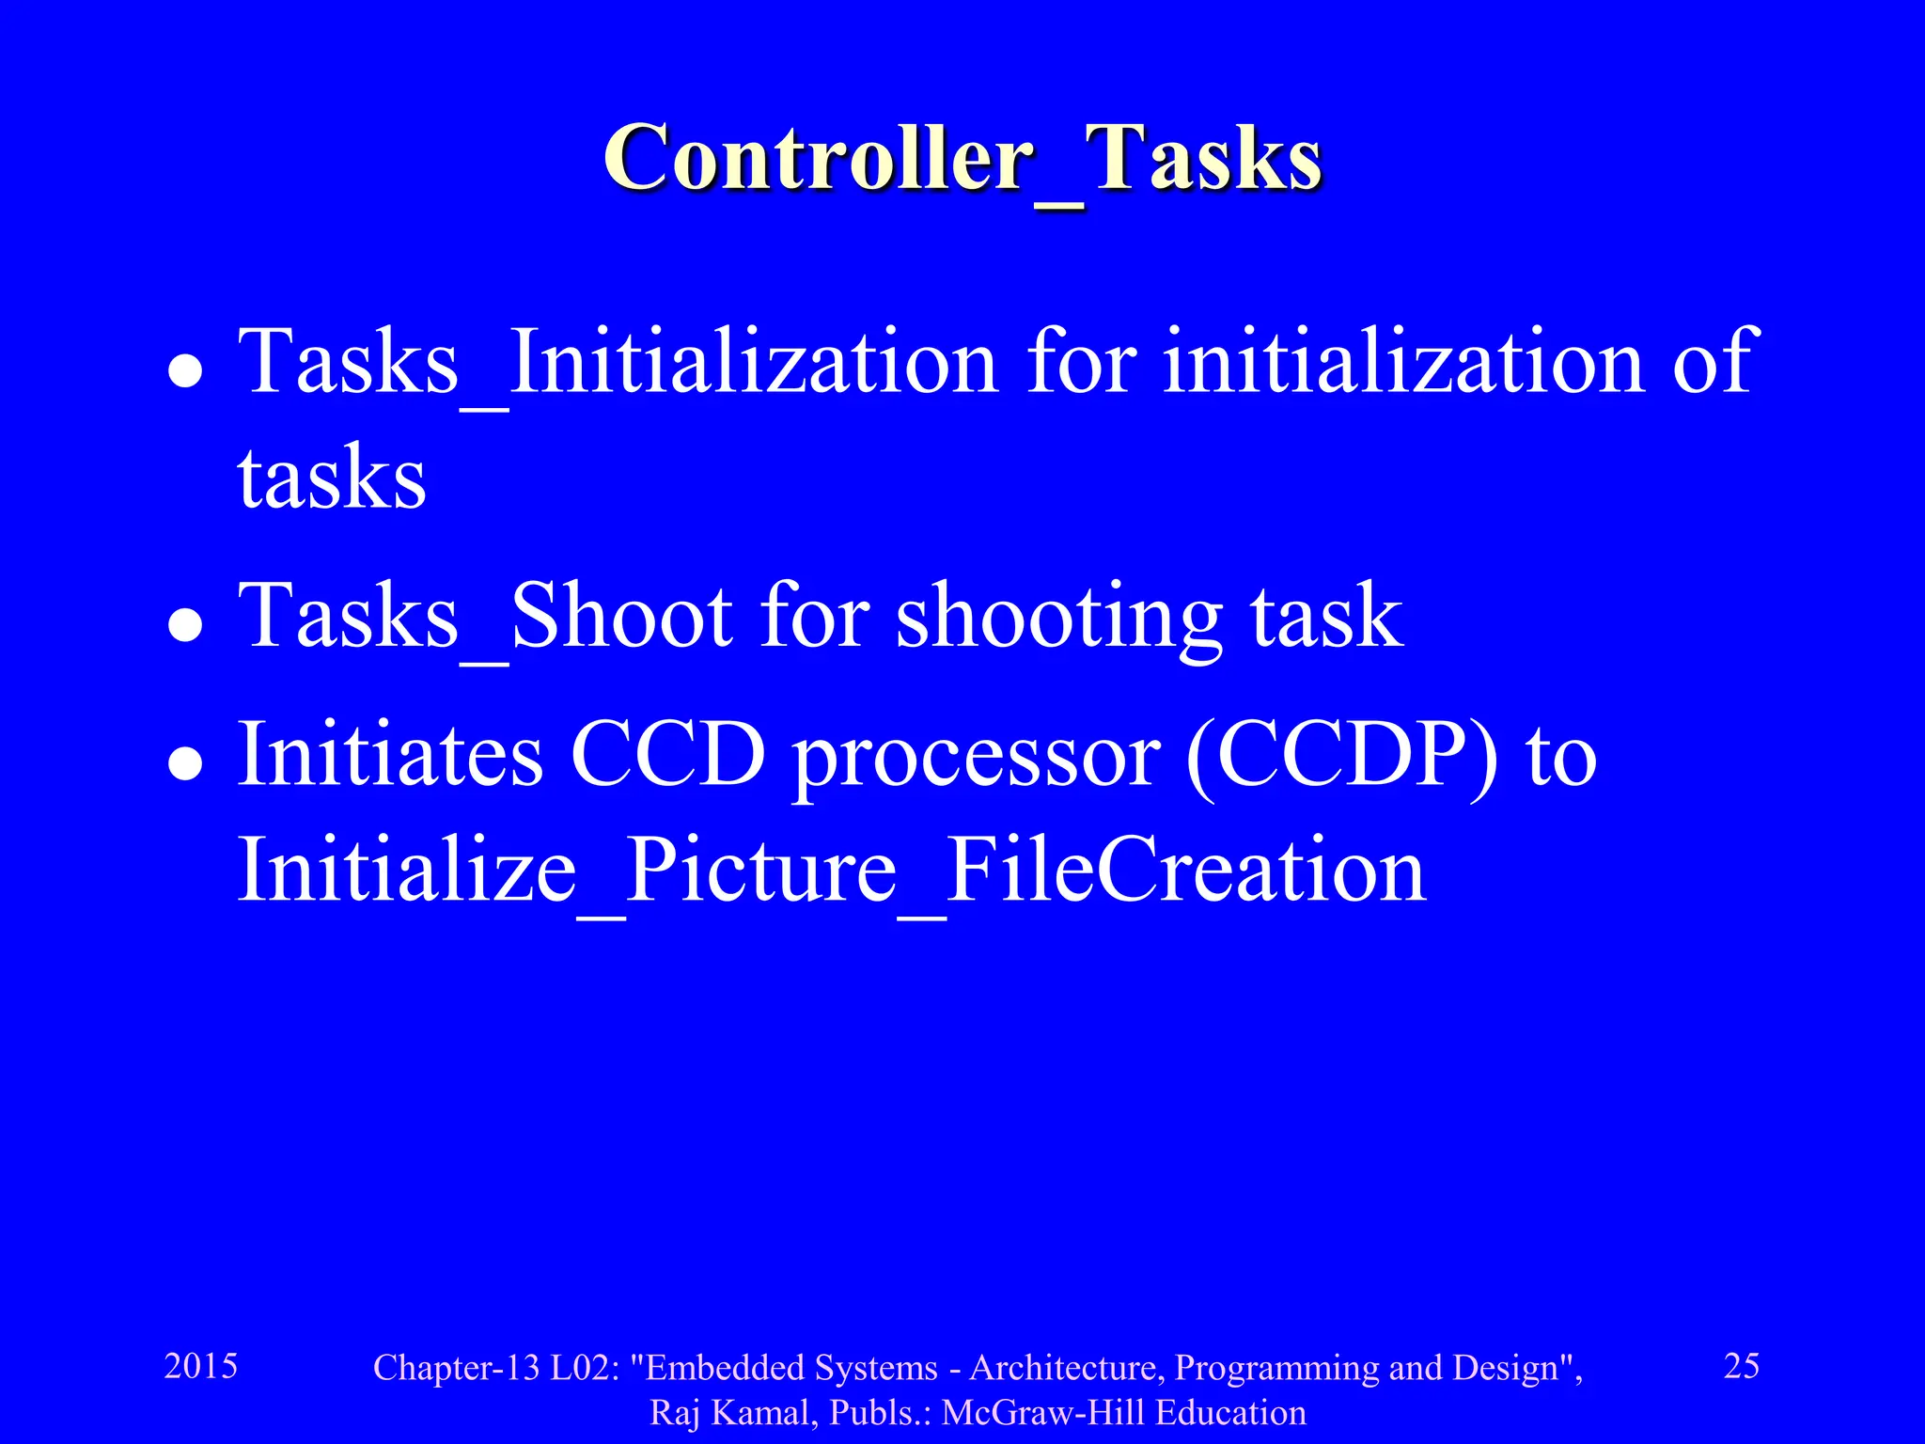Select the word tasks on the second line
[332, 479]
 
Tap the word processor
[977, 758]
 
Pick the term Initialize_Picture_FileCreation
[832, 871]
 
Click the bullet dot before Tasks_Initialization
[185, 371]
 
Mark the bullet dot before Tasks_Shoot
[185, 625]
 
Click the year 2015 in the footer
[201, 1366]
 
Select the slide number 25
[1741, 1366]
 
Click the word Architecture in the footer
[1066, 1368]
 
